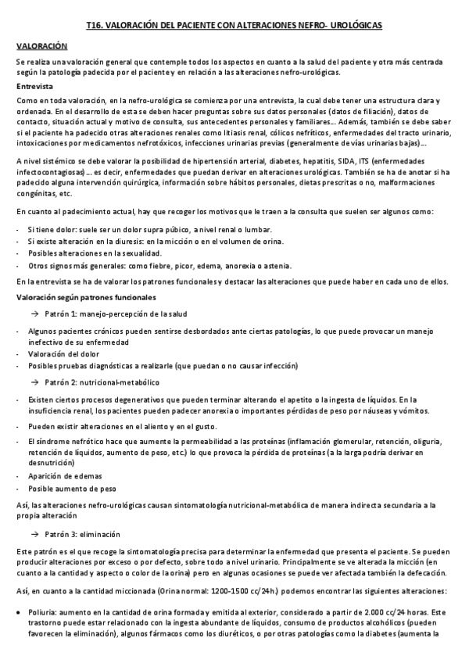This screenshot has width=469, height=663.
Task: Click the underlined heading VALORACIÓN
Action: click(x=38, y=47)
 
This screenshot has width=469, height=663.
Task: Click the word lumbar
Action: click(x=259, y=229)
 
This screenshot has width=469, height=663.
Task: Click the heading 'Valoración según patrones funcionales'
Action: click(x=86, y=298)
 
